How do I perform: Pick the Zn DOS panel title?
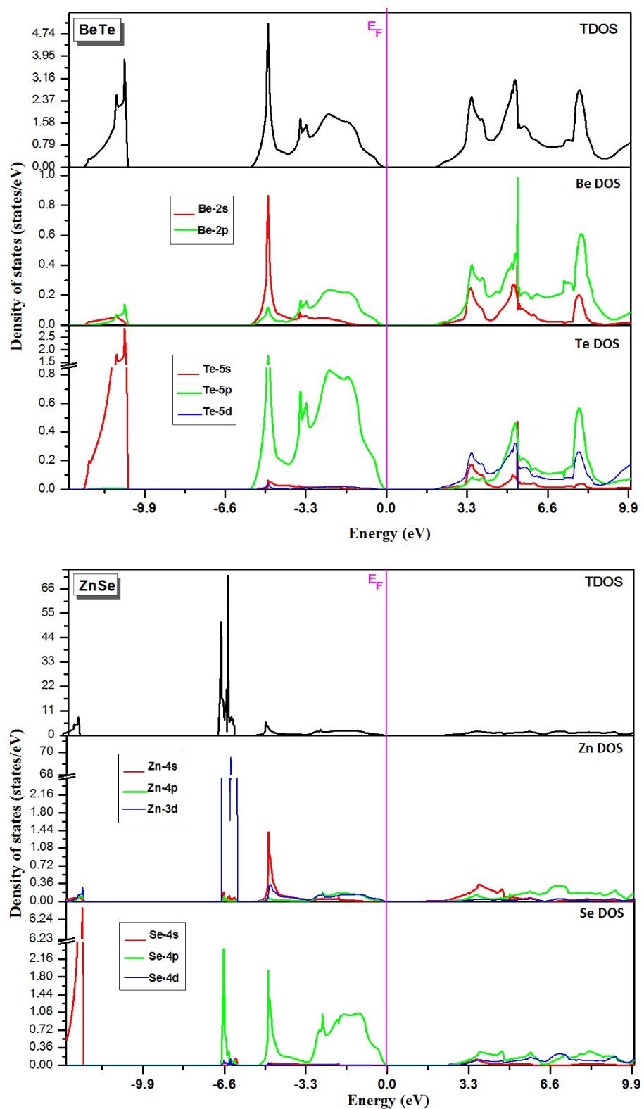[x=600, y=748]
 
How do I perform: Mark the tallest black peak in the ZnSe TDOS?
[x=227, y=577]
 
